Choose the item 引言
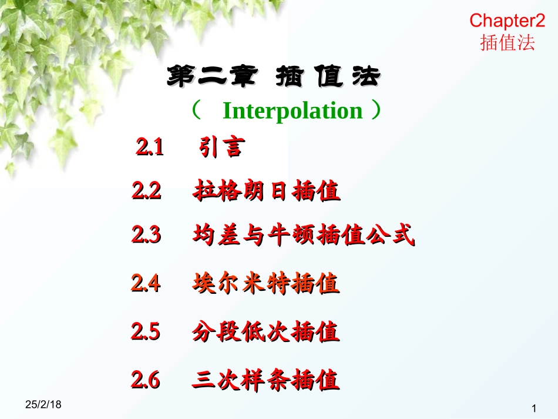click(220, 147)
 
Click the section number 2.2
click(146, 191)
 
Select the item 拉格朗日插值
click(266, 192)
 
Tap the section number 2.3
click(146, 236)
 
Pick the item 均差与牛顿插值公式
click(303, 236)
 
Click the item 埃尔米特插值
click(265, 284)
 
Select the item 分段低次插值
click(265, 333)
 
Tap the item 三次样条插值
click(265, 381)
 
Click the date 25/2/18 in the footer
click(44, 405)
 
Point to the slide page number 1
click(534, 408)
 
